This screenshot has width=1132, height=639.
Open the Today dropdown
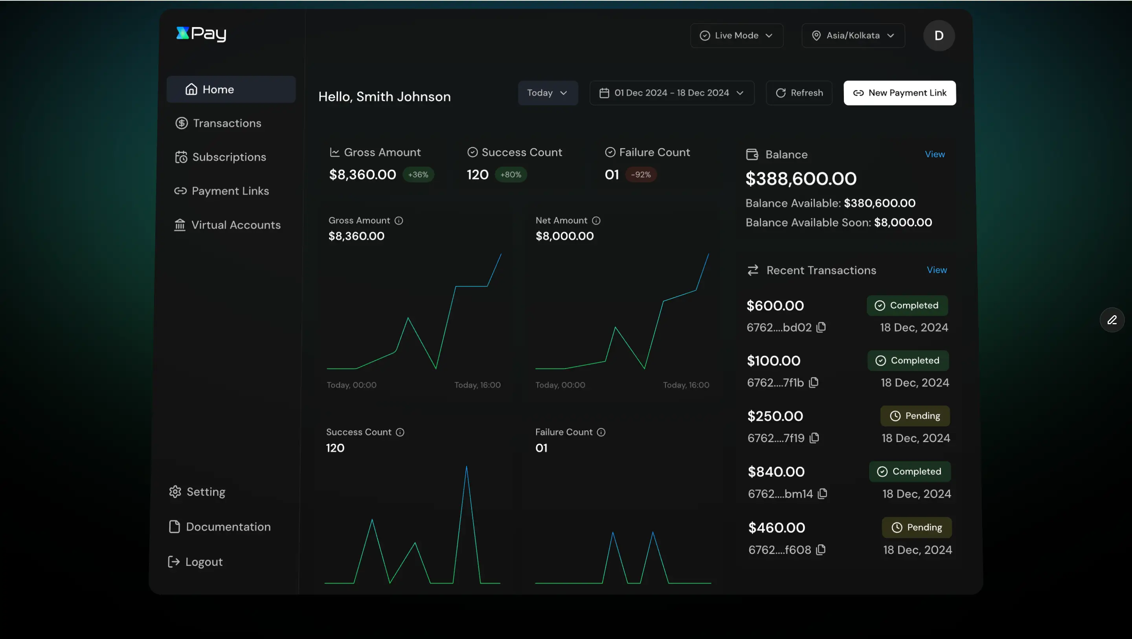coord(548,93)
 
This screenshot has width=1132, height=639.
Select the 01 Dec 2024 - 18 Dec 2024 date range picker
coord(671,93)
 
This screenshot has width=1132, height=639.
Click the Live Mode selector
coord(736,36)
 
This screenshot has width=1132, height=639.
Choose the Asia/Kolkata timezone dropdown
coord(853,36)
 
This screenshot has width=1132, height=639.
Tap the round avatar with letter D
coord(939,36)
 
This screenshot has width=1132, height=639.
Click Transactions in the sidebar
coord(227,123)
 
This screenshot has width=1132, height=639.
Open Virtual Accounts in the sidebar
coord(235,225)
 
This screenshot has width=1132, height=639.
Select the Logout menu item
coord(204,562)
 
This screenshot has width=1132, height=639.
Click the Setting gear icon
coord(175,491)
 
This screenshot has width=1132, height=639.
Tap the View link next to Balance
coord(934,154)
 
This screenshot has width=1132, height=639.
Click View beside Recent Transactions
coord(936,270)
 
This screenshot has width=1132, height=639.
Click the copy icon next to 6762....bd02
coord(821,327)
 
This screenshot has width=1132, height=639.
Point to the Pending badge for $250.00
coord(915,416)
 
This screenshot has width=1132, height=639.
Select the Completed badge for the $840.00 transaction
coord(910,472)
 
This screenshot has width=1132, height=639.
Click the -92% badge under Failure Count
coord(641,174)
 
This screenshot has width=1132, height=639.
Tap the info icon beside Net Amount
coord(596,220)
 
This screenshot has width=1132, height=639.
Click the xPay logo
coord(201,34)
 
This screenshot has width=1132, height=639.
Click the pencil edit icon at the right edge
coord(1112,320)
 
